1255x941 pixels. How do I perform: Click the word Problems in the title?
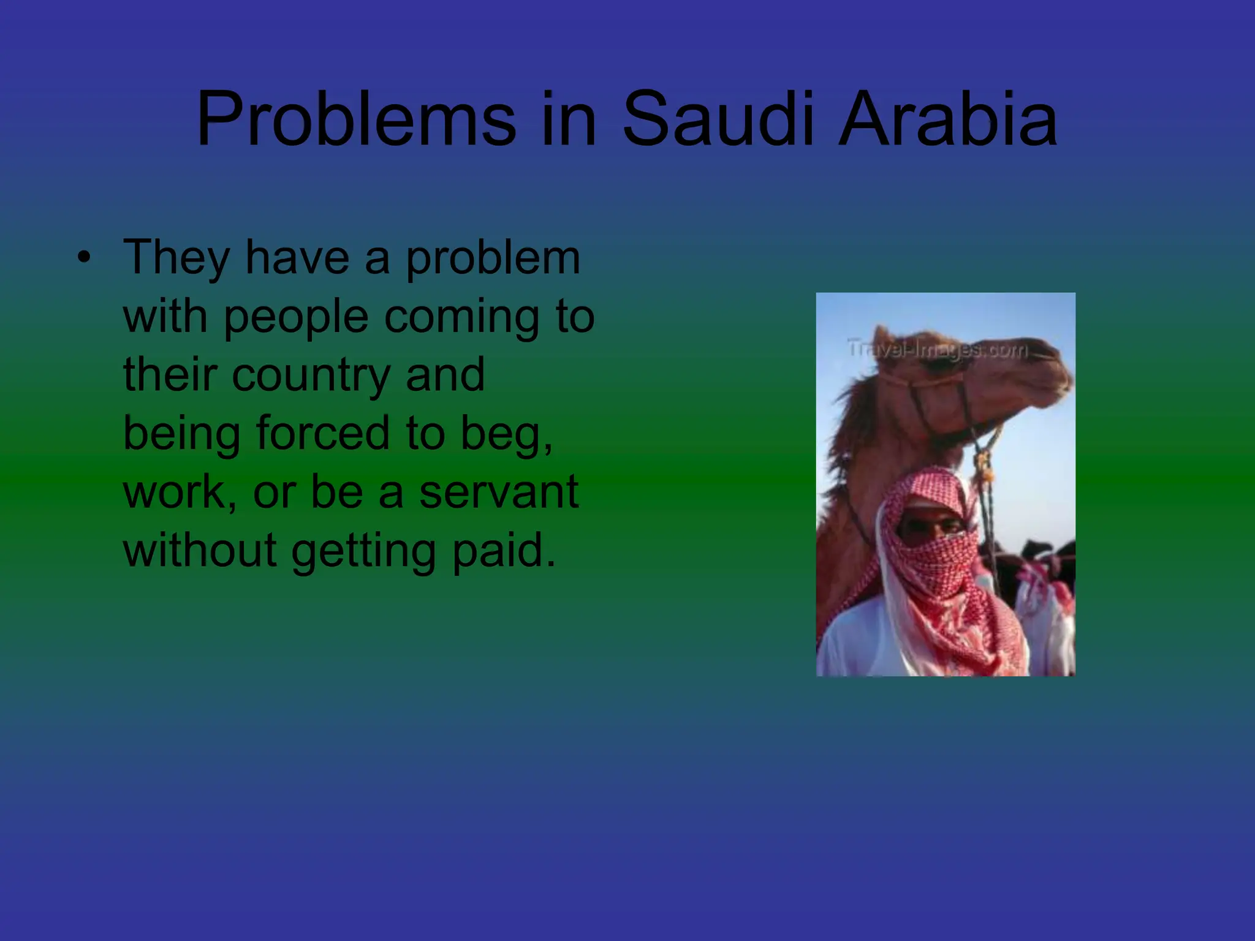(x=356, y=119)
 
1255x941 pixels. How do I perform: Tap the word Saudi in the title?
(x=719, y=119)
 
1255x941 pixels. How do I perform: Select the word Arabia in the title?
(x=947, y=119)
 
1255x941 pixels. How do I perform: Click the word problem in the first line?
(x=493, y=257)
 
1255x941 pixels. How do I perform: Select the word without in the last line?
(x=200, y=550)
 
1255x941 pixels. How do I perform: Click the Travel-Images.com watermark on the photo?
(x=938, y=349)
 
